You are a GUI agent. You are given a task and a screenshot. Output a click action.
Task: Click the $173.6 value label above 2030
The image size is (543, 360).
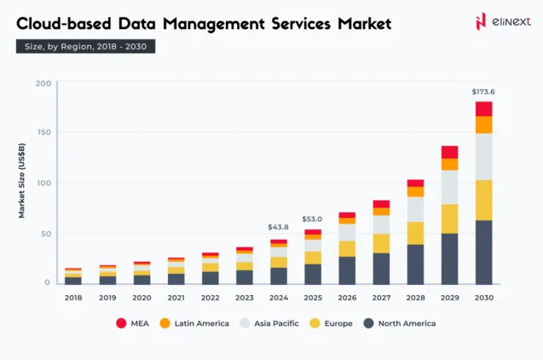pos(483,91)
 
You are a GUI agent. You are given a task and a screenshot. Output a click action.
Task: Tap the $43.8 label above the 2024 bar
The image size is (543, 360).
pos(279,228)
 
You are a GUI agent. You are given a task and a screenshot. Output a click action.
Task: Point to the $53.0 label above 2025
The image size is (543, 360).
pos(313,219)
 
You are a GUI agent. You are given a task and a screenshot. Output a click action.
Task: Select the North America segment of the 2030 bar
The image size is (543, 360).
pos(483,252)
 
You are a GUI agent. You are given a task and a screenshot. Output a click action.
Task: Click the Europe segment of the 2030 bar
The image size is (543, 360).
pos(483,200)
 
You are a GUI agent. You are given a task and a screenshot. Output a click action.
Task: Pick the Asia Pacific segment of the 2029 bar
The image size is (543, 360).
pos(449,187)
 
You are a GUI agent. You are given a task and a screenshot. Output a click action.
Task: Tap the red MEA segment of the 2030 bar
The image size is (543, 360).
pos(483,108)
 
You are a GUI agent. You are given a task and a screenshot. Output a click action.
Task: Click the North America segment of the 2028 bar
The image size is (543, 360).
pos(415,264)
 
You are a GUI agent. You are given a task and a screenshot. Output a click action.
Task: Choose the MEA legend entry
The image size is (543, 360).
pos(133,323)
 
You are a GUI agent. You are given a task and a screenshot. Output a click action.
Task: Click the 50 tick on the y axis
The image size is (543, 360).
pos(44,233)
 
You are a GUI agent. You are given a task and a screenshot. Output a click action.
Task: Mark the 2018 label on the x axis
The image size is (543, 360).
pos(73,298)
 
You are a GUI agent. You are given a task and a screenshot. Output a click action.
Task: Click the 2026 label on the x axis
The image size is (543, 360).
pos(347,298)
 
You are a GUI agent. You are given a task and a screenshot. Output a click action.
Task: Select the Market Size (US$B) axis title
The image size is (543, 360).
pos(22,183)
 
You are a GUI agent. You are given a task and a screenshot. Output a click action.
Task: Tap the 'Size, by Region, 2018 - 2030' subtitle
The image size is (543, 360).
pos(85,47)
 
